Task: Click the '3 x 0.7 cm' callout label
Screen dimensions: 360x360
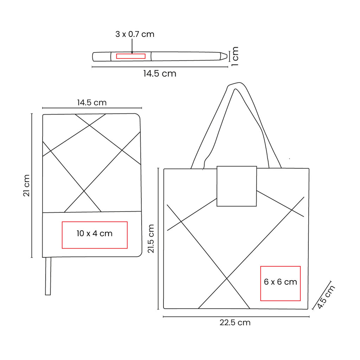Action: (135, 34)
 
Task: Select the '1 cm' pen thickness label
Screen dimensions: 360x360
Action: (235, 56)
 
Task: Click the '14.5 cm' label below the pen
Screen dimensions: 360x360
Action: (160, 73)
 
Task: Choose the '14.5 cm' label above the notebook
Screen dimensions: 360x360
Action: (92, 102)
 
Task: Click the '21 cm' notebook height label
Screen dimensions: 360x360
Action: (27, 185)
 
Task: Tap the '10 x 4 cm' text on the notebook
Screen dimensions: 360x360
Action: (94, 233)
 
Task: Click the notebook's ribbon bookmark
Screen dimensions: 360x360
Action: (48, 276)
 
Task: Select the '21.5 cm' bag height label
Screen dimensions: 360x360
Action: (151, 239)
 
